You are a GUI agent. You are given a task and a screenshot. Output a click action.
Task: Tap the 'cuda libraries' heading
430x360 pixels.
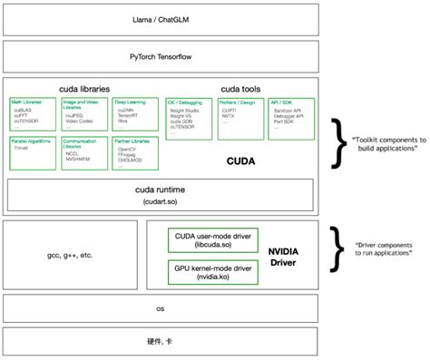85,90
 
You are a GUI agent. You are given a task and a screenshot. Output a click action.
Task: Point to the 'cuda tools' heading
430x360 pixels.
239,90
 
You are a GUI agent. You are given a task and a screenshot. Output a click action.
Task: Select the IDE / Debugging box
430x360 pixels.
188,114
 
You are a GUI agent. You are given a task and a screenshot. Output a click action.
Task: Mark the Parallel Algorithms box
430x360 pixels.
32,148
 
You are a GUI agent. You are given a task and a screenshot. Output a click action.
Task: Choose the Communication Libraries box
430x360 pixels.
83,150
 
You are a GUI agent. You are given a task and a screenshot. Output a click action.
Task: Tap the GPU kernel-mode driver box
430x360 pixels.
210,272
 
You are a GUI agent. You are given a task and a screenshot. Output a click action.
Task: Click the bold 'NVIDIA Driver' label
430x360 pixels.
284,255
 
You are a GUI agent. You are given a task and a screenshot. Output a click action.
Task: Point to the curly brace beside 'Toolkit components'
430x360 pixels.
337,142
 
